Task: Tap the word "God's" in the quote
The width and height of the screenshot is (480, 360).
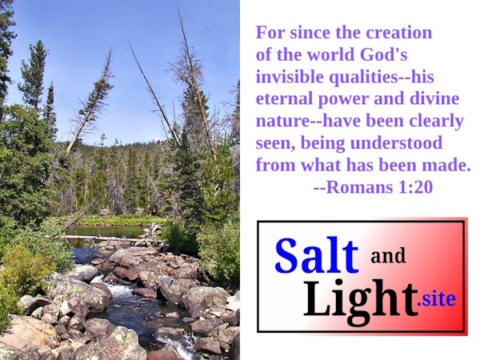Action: [383, 54]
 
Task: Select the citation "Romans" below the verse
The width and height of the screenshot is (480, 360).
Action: [359, 187]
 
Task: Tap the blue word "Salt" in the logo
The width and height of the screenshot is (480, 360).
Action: [317, 255]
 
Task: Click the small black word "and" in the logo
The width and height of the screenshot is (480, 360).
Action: [388, 256]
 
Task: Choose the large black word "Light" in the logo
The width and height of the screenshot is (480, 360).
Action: [361, 302]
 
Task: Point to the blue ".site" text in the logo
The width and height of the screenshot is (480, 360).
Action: [437, 299]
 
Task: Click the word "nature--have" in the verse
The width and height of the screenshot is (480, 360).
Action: [308, 121]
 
